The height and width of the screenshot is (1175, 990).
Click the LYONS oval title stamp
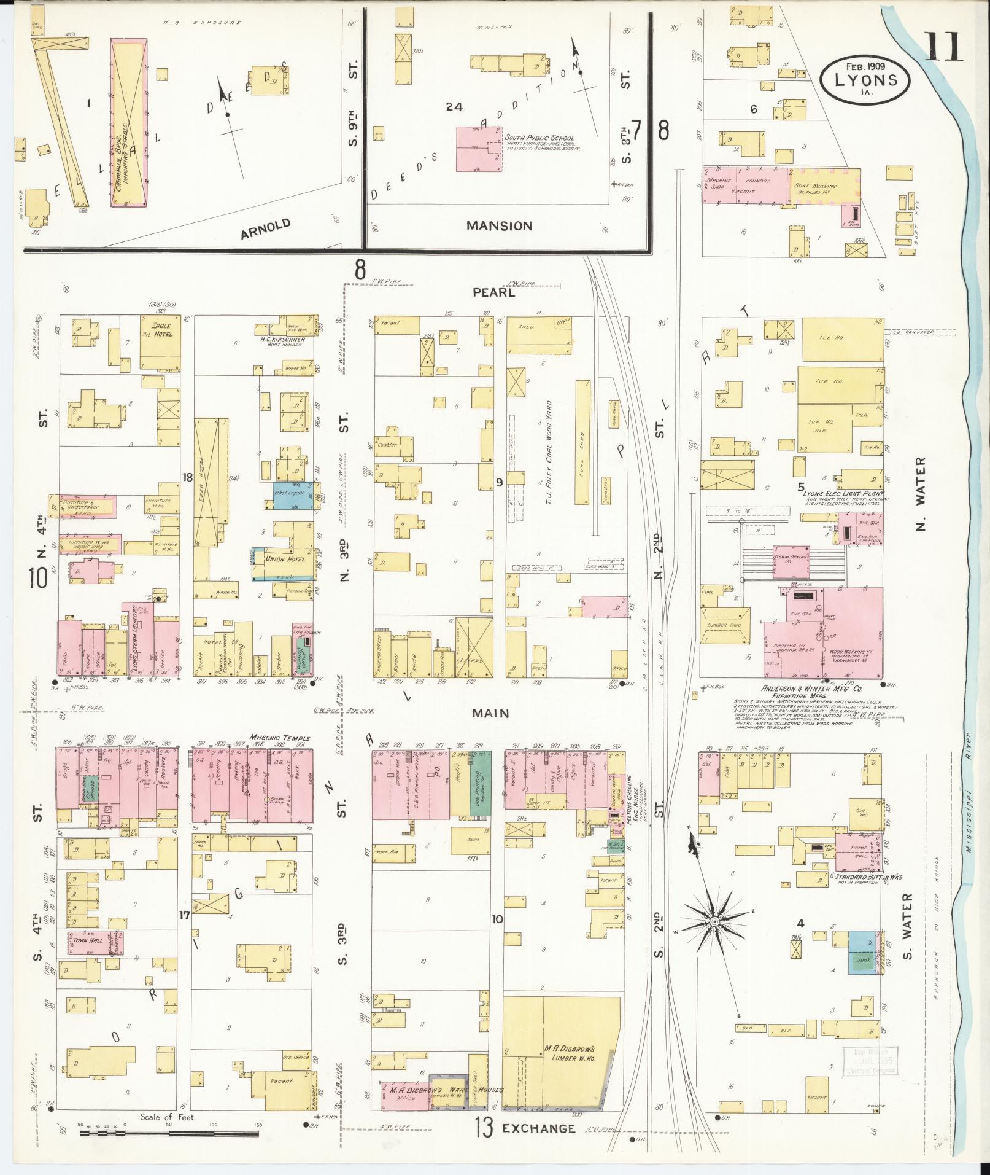click(x=865, y=78)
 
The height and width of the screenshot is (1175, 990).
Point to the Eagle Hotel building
click(x=160, y=343)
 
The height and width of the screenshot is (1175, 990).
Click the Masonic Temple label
click(x=279, y=738)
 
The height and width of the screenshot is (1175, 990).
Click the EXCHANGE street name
click(x=538, y=1128)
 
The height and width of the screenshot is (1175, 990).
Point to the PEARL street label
click(x=493, y=293)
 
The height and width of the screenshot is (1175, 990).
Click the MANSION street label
click(x=499, y=225)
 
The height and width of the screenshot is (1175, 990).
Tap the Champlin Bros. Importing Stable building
click(x=129, y=123)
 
